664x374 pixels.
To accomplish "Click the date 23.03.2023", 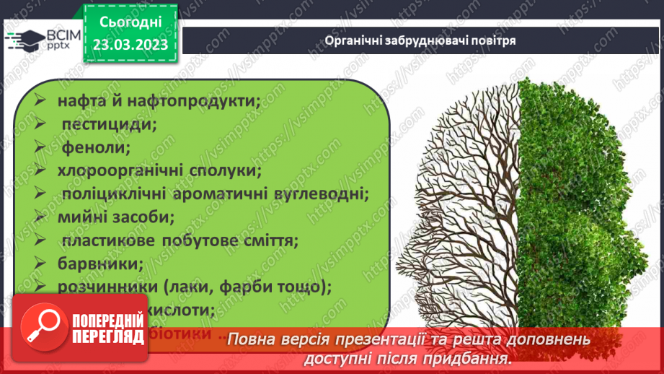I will pos(130,44).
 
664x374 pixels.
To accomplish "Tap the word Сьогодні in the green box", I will pos(130,22).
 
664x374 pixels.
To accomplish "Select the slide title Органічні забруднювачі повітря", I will pos(420,40).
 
